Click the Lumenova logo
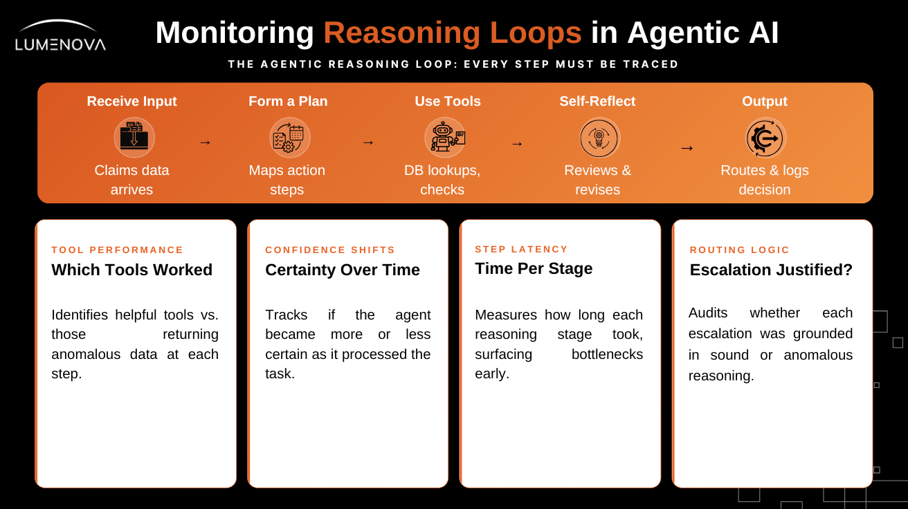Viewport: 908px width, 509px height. point(60,36)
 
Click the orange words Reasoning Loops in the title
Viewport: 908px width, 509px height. point(453,33)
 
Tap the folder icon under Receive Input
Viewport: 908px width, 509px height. point(134,137)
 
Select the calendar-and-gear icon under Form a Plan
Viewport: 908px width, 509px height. point(289,138)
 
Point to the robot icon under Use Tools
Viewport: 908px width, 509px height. point(446,137)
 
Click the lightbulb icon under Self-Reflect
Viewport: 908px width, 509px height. point(599,138)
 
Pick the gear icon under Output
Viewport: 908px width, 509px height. point(765,138)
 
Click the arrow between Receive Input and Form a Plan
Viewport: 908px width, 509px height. point(205,142)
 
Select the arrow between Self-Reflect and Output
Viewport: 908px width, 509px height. point(687,148)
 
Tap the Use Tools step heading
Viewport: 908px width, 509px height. point(448,101)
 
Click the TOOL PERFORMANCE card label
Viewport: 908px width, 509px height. point(117,250)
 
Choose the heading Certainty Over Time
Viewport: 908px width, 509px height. point(343,270)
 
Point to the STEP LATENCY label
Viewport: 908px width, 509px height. point(521,249)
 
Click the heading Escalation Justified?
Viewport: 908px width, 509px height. point(771,270)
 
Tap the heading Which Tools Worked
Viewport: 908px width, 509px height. point(131,270)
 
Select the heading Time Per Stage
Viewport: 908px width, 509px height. point(534,268)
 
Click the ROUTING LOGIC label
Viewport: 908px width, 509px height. point(740,250)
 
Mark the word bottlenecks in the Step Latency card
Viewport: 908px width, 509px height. point(607,354)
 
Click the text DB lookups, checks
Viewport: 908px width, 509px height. point(442,180)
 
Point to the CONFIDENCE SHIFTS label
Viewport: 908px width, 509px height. point(330,250)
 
